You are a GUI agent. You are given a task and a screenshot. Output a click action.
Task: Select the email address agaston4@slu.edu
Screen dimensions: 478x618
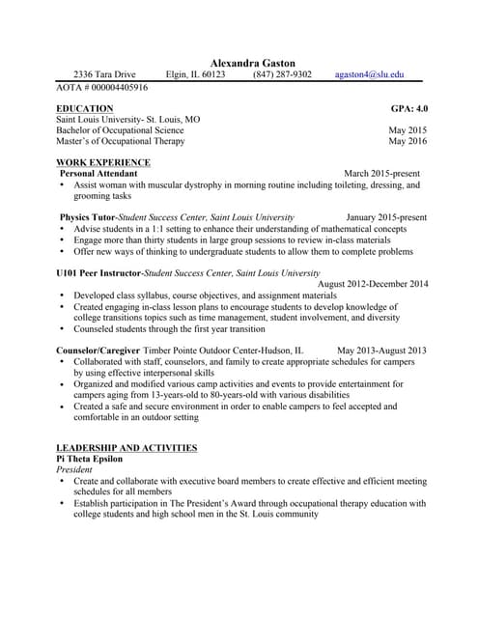pos(370,74)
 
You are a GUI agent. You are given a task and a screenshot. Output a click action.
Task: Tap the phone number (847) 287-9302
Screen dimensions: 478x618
pos(282,74)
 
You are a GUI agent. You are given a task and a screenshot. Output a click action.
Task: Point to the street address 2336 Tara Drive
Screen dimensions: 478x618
pos(104,74)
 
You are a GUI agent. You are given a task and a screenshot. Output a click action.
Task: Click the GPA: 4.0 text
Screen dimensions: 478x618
pos(408,108)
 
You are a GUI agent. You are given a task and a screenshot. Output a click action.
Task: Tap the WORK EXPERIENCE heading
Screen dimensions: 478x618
pos(103,162)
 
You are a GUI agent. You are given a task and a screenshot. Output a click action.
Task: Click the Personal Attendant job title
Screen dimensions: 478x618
pos(98,174)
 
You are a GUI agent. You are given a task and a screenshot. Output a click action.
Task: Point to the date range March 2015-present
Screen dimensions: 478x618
pos(381,174)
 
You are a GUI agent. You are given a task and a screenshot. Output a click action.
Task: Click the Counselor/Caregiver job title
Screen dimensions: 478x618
pos(98,350)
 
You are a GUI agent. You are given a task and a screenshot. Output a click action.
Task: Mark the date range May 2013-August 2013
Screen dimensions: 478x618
pos(381,350)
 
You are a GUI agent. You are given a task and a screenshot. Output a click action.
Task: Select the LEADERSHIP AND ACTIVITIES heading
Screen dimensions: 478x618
pos(127,448)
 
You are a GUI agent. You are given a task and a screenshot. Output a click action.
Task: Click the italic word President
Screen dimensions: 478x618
pos(74,469)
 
